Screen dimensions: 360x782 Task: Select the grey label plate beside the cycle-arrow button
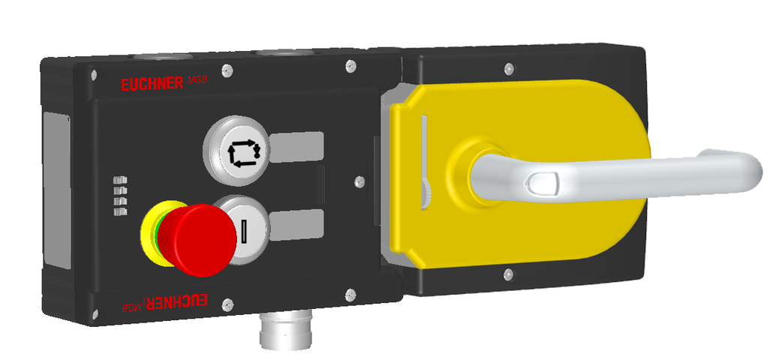coord(296,146)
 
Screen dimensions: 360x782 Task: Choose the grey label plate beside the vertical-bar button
coord(296,223)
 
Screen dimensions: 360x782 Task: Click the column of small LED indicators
coord(119,197)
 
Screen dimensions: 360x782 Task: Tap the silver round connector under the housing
coord(278,332)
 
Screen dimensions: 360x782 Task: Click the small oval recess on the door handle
coord(540,182)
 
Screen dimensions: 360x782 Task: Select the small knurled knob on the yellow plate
coord(426,196)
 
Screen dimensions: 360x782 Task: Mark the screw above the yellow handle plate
coord(508,70)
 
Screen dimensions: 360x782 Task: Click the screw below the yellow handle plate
coord(508,274)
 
